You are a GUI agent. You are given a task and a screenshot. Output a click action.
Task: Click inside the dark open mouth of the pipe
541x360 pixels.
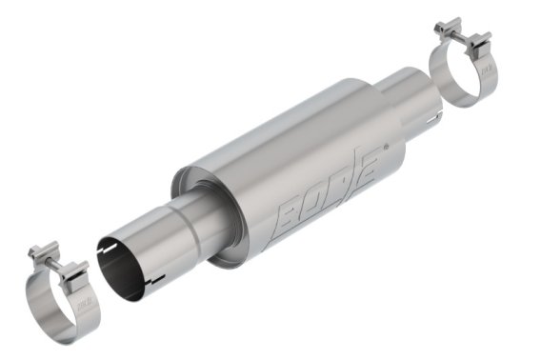click(119, 270)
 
